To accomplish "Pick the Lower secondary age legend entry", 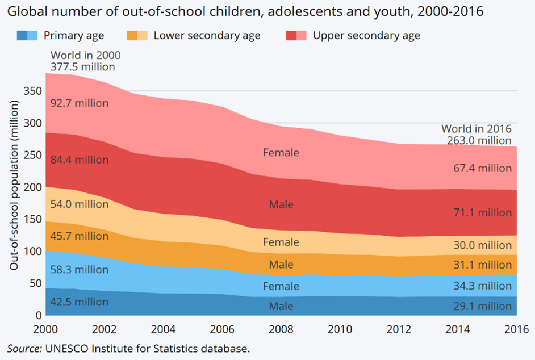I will tap(207, 36).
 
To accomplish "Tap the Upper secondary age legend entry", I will tap(366, 36).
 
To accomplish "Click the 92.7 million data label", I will tap(79, 104).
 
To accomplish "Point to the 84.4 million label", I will tap(79, 160).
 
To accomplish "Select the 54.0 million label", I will tap(79, 204).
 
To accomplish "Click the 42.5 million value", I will tap(79, 302).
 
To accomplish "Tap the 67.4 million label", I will tap(482, 168).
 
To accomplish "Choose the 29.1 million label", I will tap(482, 307).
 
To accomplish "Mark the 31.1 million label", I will tap(482, 265).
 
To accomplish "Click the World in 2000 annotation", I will tap(85, 55).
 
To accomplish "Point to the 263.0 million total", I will tap(479, 140).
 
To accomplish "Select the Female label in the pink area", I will tap(281, 153).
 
